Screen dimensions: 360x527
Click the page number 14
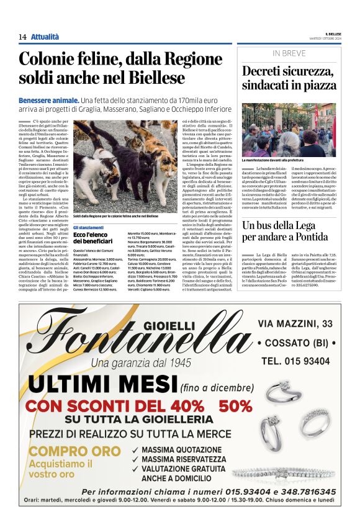click(x=22, y=37)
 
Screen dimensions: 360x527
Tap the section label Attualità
click(x=45, y=37)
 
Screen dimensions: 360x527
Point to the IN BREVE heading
click(x=289, y=53)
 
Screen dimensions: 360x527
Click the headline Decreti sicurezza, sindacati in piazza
click(x=288, y=78)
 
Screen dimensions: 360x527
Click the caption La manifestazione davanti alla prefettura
click(x=277, y=160)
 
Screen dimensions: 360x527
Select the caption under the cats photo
click(x=115, y=216)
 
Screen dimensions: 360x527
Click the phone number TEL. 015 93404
click(x=295, y=361)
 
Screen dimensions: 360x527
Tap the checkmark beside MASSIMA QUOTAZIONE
click(x=135, y=450)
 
